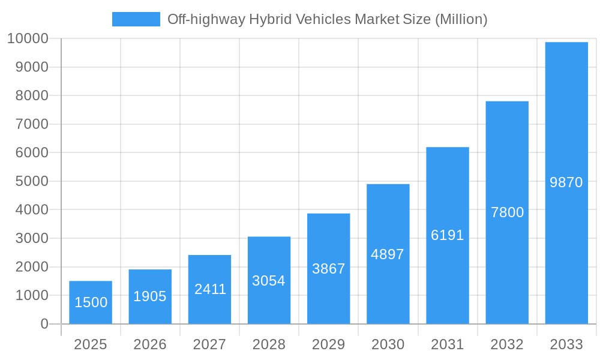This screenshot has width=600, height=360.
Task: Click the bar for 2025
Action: coord(91,302)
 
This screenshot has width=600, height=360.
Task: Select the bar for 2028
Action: coord(269,280)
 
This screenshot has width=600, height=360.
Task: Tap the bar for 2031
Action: coord(448,235)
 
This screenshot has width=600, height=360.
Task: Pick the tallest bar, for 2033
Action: coord(566,183)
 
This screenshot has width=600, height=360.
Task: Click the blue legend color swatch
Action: coord(136,19)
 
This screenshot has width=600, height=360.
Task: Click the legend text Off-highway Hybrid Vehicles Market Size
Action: coord(327,19)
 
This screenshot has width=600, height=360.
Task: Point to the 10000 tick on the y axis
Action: coord(28,39)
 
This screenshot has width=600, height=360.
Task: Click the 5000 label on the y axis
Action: coord(28,181)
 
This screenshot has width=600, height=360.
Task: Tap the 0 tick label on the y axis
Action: coord(44,324)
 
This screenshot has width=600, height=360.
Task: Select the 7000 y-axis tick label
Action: coord(28,124)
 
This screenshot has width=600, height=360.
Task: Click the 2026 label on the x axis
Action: coord(150,344)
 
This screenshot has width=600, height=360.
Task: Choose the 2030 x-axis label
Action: coord(388,344)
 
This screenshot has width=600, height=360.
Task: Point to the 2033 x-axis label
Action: coord(566,344)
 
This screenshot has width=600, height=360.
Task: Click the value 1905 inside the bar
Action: coord(150,296)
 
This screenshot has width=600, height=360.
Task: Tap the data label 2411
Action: coord(210,289)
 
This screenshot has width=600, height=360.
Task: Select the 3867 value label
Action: coord(328,269)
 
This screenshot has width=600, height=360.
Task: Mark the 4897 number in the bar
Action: coord(388,254)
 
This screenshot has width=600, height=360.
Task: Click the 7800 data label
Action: coord(507,212)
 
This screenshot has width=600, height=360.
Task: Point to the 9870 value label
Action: coord(566,182)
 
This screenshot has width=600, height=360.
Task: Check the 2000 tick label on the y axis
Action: coord(28,267)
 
